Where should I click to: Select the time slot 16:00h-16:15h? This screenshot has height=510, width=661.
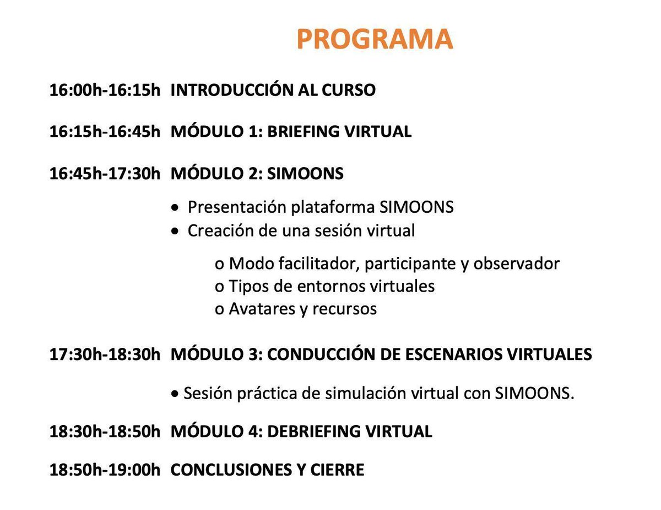105,90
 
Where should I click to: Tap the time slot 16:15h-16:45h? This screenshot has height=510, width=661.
105,132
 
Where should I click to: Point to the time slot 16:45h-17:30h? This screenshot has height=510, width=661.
105,174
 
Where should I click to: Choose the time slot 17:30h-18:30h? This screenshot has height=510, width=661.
105,355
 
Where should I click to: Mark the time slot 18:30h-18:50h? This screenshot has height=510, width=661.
105,432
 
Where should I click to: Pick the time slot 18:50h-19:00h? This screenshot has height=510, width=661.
105,470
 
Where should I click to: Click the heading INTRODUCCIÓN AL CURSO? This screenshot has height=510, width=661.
273,90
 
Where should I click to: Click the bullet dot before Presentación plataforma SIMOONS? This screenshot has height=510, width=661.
175,208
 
